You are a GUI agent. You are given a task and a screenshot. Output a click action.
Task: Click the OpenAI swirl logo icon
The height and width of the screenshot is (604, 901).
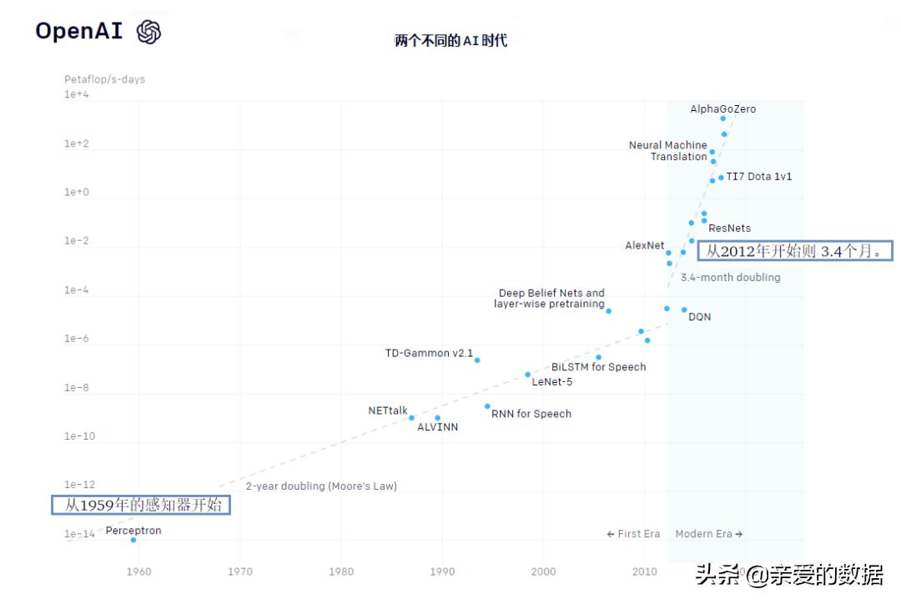(148, 32)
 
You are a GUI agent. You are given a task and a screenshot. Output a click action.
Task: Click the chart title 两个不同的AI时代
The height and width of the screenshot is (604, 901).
(450, 40)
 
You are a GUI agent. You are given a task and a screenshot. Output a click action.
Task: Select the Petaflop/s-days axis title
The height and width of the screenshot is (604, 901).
(104, 79)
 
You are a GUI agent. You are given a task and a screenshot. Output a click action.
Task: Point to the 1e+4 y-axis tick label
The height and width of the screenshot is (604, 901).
(77, 95)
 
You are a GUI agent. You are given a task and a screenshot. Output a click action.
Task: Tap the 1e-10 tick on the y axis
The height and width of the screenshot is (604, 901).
(79, 436)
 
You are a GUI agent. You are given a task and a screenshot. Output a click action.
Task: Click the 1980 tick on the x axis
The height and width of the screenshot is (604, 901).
(340, 571)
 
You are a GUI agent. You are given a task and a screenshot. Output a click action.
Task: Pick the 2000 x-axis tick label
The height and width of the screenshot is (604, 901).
(543, 571)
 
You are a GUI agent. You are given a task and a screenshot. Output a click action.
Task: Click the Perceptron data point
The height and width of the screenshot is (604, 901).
(133, 540)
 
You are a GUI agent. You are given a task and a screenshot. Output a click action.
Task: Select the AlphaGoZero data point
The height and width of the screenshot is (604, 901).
(722, 118)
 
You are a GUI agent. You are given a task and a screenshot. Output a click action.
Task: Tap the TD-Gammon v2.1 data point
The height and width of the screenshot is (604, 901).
(477, 360)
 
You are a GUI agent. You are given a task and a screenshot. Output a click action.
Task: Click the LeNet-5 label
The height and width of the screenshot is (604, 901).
(552, 382)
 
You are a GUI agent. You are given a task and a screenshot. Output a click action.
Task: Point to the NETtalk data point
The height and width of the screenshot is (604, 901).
(411, 418)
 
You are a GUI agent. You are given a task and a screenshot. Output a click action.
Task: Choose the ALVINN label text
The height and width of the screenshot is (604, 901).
(437, 427)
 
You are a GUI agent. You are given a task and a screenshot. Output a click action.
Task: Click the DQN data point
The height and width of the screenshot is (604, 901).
(684, 310)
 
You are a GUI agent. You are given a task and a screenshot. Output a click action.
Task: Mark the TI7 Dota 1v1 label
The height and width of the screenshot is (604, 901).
(759, 177)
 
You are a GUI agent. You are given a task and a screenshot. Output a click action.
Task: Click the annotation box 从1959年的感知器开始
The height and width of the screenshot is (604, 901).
(140, 505)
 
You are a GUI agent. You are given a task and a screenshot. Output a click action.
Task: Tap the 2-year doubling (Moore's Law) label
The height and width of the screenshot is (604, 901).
(321, 486)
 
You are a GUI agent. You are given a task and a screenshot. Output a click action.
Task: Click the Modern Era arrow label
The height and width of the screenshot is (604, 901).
(708, 534)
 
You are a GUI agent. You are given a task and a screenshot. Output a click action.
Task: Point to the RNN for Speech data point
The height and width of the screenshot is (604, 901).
(487, 406)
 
